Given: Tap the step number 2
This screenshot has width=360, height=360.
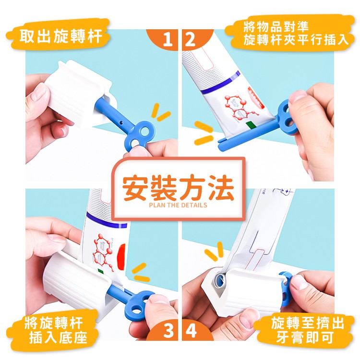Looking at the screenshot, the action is (x=190, y=40).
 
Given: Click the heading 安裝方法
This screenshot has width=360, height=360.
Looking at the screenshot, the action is (x=178, y=188).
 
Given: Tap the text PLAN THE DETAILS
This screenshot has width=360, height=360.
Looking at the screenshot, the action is (x=178, y=205).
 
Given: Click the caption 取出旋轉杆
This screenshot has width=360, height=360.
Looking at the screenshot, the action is (x=60, y=36).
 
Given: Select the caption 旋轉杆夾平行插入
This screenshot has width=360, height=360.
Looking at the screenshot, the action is (x=296, y=40).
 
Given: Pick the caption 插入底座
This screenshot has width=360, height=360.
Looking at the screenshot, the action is (x=58, y=337).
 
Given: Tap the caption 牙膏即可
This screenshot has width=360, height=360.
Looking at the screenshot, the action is (x=305, y=337).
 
